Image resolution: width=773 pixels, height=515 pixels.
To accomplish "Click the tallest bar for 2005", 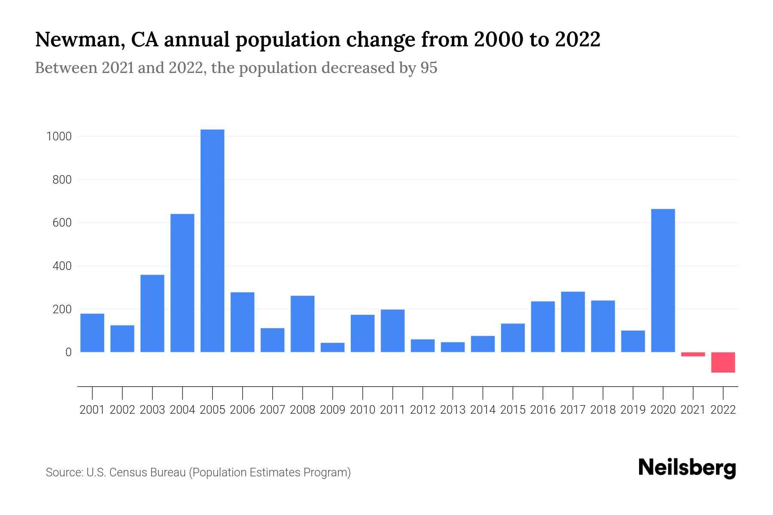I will (x=212, y=240).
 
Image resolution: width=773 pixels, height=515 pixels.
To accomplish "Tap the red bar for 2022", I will (x=723, y=362).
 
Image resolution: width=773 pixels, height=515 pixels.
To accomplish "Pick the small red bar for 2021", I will (x=693, y=354).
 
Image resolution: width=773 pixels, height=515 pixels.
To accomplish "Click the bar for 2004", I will (x=182, y=283).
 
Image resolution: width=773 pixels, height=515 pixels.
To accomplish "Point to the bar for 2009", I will (x=332, y=347).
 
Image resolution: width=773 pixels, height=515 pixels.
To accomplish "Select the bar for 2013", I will (x=453, y=347).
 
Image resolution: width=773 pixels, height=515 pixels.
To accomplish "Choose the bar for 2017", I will (x=572, y=322).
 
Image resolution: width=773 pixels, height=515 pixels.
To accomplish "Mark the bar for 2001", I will (x=92, y=333).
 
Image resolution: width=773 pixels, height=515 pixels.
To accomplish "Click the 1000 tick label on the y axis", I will (x=59, y=136).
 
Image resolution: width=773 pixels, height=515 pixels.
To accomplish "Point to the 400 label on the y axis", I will (x=62, y=266).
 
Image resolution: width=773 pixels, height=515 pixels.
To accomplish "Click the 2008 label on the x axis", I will (x=302, y=410).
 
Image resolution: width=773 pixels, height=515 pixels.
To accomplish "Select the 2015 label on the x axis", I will (x=513, y=410).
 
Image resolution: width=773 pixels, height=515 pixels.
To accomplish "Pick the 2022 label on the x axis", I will (x=723, y=410).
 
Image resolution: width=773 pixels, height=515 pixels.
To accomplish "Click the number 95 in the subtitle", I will (x=429, y=68).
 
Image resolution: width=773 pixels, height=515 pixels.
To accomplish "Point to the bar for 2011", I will (x=393, y=330).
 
